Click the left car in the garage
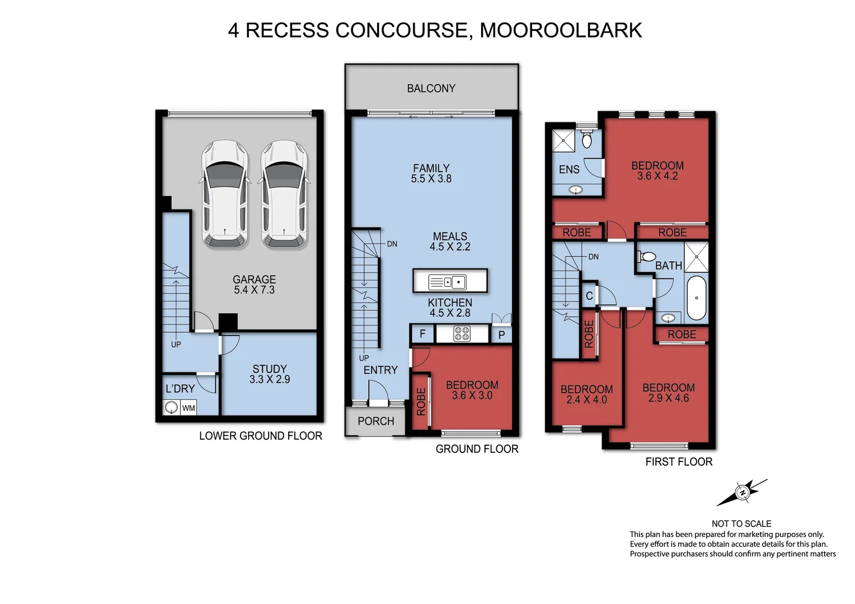tap(224, 194)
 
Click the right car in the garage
tap(284, 194)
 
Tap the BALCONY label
tap(431, 88)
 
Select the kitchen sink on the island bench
tap(448, 282)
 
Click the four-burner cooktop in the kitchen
tap(462, 334)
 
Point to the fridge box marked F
tap(422, 334)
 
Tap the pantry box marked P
tap(501, 335)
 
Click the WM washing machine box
tap(189, 408)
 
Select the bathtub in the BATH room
tap(697, 298)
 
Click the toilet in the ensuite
tap(587, 139)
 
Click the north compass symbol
tap(743, 493)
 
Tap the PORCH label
tap(375, 421)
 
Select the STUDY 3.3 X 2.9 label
tap(269, 374)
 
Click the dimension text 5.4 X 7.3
tap(254, 290)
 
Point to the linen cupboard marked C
tap(589, 296)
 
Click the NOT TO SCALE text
tap(741, 523)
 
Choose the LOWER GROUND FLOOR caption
tap(260, 436)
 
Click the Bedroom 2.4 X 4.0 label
tap(586, 394)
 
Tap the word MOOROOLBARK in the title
tap(561, 30)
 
